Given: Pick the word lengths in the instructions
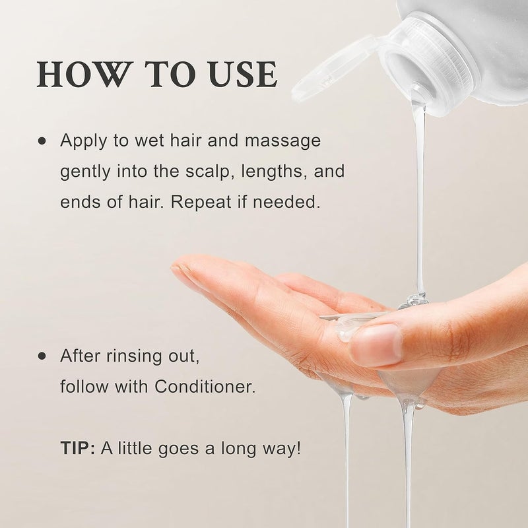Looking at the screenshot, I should click(277, 172).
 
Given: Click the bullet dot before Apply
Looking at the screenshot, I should click(43, 141).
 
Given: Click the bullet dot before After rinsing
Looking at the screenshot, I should click(43, 356).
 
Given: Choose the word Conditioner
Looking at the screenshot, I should click(205, 387).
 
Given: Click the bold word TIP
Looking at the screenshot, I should click(75, 449).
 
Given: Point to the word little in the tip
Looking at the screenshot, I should click(133, 449).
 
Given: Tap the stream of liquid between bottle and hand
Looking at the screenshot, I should click(419, 198).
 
